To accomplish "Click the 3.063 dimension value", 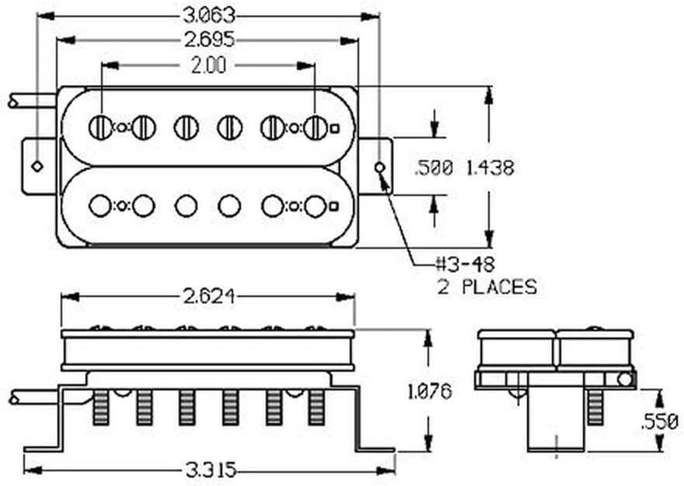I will [208, 16].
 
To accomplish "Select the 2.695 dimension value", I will [208, 40].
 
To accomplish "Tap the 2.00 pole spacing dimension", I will [208, 66].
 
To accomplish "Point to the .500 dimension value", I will [433, 167].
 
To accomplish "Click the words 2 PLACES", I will [487, 286].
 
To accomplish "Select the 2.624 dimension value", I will [208, 296].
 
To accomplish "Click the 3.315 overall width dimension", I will [208, 470].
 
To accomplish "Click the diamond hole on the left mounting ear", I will [37, 166].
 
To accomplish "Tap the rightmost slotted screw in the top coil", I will [315, 128].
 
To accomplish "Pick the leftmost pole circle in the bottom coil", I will [100, 206].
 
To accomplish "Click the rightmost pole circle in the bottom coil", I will [315, 206].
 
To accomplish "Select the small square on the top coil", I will [334, 128].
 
